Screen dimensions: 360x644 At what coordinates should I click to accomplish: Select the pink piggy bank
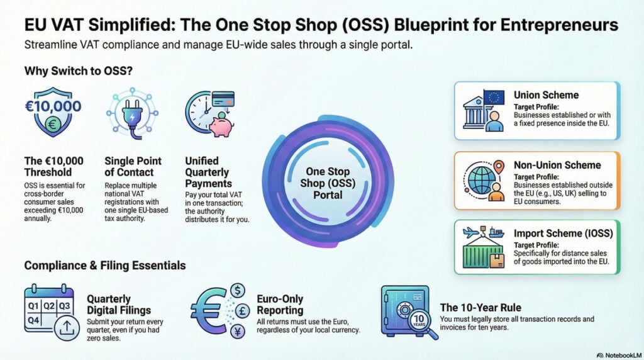221,124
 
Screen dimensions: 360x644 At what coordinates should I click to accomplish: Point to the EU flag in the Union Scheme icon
494,97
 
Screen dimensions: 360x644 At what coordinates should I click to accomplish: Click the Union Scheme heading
546,95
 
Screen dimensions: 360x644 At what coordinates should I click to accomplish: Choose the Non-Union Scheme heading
557,165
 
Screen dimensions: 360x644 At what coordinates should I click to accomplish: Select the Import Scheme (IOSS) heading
564,233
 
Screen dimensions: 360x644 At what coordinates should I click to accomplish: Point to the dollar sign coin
238,290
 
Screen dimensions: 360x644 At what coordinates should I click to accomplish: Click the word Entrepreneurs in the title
555,25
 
